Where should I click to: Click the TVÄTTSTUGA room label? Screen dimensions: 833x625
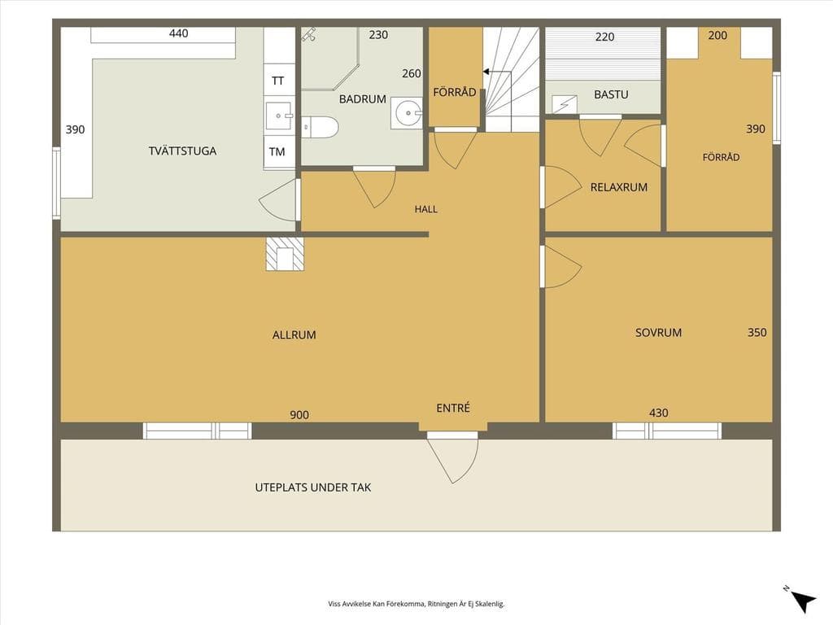point(182,151)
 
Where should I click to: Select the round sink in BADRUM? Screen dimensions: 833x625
point(407,112)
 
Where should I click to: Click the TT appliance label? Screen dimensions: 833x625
point(277,81)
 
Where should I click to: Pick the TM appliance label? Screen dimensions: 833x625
point(277,152)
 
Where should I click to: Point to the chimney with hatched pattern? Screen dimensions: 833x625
point(286,254)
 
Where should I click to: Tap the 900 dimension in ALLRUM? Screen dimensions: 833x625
point(299,415)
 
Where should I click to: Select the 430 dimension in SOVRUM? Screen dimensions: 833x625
point(659,413)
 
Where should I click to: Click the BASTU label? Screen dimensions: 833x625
point(611,94)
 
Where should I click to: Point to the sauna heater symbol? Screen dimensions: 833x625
point(565,103)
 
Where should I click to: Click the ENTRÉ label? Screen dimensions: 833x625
point(453,408)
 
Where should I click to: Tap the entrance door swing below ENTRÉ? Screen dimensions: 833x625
point(452,461)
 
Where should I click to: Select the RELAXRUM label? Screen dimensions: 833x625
point(619,187)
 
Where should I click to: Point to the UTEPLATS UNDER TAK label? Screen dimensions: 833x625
point(313,487)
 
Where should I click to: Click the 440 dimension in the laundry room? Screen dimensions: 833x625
point(178,33)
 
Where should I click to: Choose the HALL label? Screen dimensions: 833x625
point(426,209)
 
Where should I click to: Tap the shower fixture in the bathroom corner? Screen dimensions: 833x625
point(309,34)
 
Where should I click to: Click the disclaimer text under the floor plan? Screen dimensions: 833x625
point(416,604)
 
